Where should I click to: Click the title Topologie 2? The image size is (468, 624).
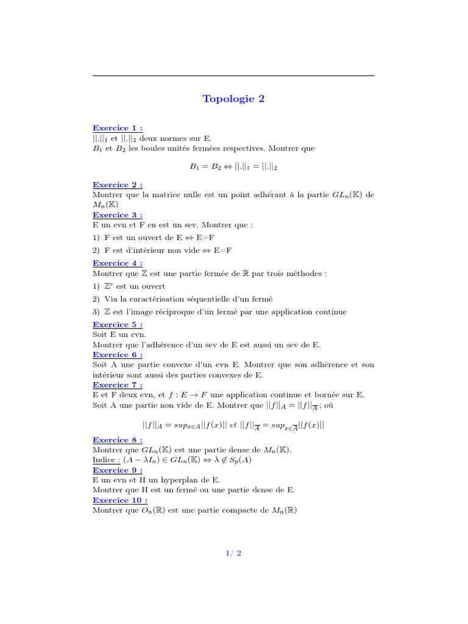[x=234, y=99]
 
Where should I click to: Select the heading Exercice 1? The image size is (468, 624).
[x=118, y=128]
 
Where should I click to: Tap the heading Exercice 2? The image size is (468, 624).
[x=118, y=185]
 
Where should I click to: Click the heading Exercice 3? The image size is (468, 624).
[x=118, y=214]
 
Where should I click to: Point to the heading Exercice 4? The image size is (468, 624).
[x=118, y=263]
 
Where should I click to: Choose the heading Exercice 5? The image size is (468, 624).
[x=118, y=325]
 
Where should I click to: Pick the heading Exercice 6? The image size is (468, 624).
[x=118, y=355]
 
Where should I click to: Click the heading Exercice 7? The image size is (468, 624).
[x=118, y=385]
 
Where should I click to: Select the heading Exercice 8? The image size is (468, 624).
[x=118, y=439]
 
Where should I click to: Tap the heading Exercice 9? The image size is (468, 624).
[x=118, y=470]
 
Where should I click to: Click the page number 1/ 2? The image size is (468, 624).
[x=233, y=553]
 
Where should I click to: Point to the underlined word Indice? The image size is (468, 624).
[x=104, y=460]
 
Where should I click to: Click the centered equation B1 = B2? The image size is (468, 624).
[x=234, y=166]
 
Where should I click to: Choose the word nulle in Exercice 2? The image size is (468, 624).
[x=185, y=195]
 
